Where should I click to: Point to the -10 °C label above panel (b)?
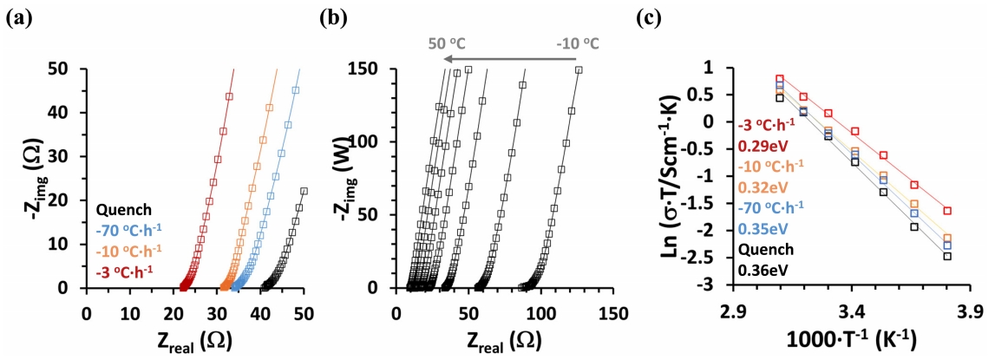click(x=578, y=41)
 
